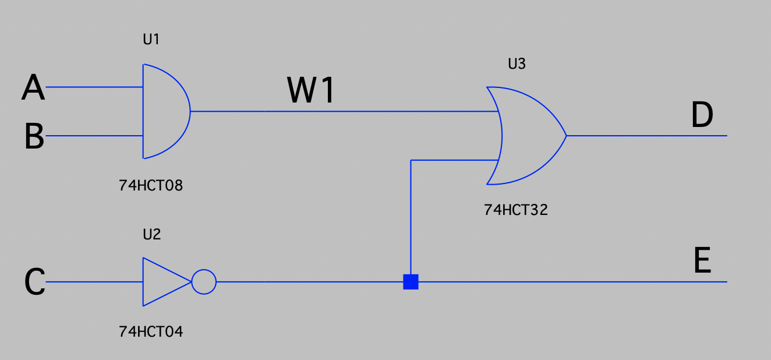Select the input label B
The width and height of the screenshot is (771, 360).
[34, 137]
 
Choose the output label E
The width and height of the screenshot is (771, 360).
[702, 260]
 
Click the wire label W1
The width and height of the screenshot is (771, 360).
[312, 90]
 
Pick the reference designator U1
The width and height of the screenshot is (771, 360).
[151, 40]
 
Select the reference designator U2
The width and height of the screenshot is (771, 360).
[151, 235]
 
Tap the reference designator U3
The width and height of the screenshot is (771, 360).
[517, 64]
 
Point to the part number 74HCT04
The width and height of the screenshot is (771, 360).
[151, 332]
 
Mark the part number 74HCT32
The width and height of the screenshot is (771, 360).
[516, 210]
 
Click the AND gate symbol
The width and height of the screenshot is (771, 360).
[164, 111]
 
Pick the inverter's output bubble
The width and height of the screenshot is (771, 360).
[204, 282]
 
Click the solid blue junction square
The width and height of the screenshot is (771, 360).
[411, 282]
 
